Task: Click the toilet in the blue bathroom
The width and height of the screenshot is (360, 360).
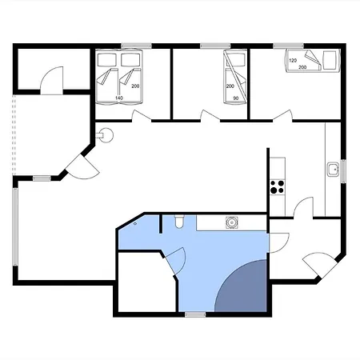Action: coord(179,222)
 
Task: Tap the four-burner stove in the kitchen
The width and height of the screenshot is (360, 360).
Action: coord(278,187)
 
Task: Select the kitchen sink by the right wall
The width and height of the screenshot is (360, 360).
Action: coord(333,170)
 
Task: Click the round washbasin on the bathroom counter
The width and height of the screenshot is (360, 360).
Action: coord(231,222)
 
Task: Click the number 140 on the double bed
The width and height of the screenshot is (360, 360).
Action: coord(119,98)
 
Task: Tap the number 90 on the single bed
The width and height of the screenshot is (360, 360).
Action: coord(236,98)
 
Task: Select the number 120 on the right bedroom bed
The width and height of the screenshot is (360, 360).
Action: coord(293,61)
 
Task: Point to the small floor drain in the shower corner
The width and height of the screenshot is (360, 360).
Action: coord(135,223)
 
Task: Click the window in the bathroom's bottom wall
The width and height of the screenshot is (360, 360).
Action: coord(195,314)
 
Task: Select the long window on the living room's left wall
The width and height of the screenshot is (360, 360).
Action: coord(15,226)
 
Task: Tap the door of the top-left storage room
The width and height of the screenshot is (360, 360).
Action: coord(52,81)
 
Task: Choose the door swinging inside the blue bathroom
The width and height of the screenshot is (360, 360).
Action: coord(175,260)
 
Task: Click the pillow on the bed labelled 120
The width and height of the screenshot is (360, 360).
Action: coord(330,60)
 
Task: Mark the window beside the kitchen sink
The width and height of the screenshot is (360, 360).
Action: coord(343,171)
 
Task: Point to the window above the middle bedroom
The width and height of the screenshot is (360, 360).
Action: coord(215,46)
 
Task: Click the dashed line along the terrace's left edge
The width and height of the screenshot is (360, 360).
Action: coord(14,134)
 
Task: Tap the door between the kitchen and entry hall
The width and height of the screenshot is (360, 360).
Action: coord(303,208)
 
